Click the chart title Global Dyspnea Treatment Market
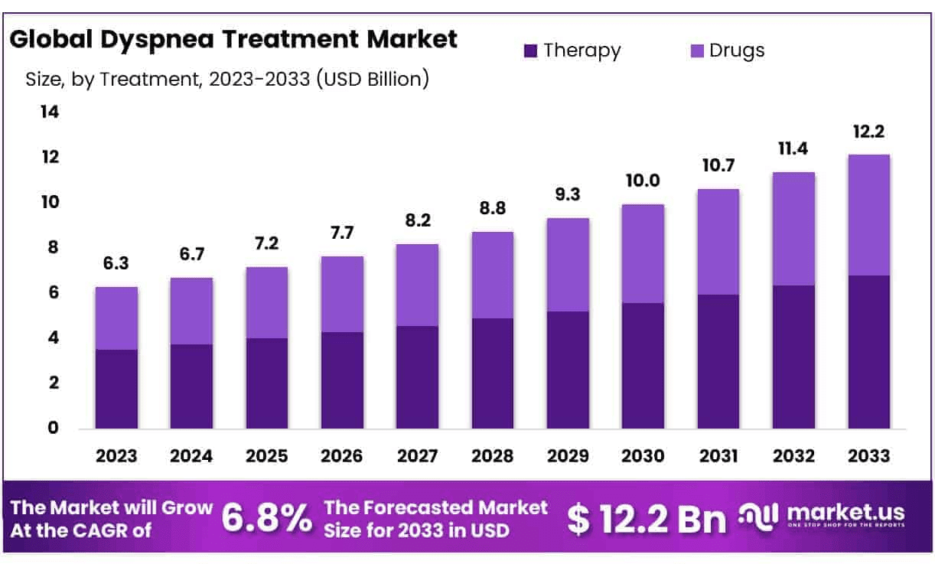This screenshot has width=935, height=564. point(233,39)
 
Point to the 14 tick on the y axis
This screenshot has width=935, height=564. point(49,112)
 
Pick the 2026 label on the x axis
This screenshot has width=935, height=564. point(342,456)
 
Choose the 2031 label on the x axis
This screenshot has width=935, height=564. point(718,456)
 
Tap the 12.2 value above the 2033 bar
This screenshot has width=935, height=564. point(868,132)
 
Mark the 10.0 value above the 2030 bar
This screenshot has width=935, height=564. point(643,181)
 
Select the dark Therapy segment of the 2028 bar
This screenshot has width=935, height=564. point(492,373)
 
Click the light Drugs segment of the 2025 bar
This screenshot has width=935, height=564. point(266,302)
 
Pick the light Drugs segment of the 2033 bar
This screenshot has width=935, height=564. point(868,214)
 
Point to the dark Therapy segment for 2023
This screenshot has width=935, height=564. point(116,389)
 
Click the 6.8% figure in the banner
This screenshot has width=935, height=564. point(267,519)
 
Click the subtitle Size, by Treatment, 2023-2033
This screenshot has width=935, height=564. point(226,79)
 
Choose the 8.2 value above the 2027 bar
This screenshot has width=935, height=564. point(417,222)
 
